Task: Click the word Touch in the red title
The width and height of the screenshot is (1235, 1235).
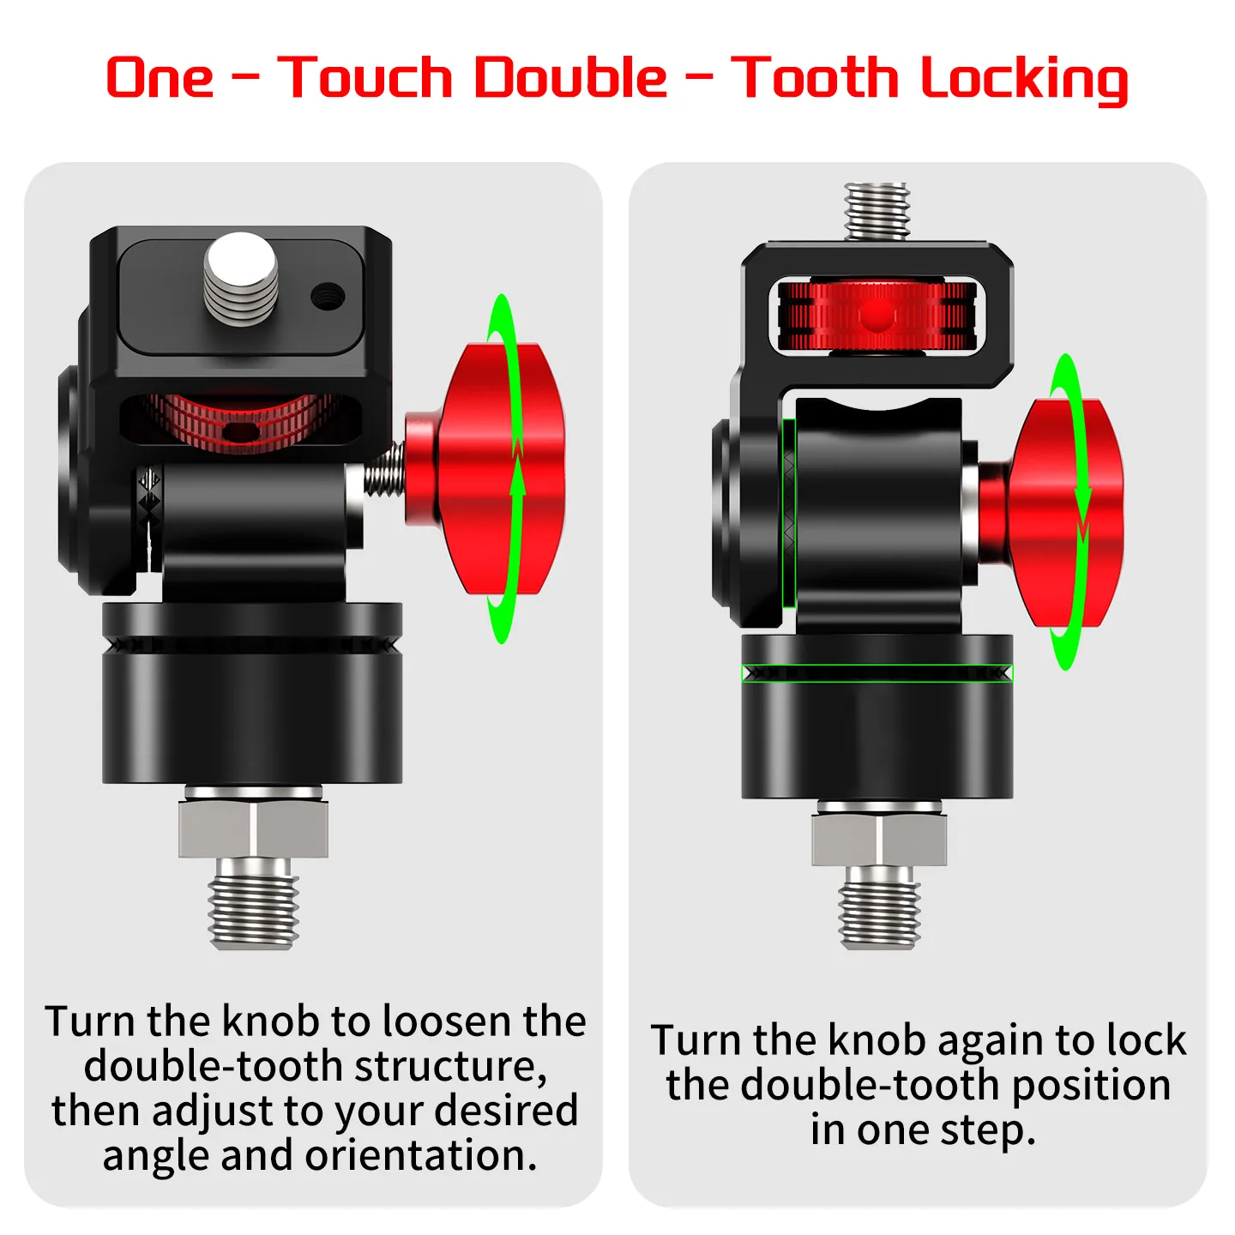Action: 364,77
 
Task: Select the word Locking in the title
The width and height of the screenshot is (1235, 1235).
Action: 1023,80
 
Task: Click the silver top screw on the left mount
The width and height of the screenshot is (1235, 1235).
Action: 241,279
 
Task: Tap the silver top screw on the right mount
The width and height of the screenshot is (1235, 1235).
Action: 877,211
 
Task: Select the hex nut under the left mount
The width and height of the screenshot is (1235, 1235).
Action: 253,828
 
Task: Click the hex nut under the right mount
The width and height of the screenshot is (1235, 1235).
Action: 879,838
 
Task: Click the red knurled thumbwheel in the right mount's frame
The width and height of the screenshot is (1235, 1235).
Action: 877,316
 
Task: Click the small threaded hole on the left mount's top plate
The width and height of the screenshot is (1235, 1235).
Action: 328,295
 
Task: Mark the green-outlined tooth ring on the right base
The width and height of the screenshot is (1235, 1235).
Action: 877,673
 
